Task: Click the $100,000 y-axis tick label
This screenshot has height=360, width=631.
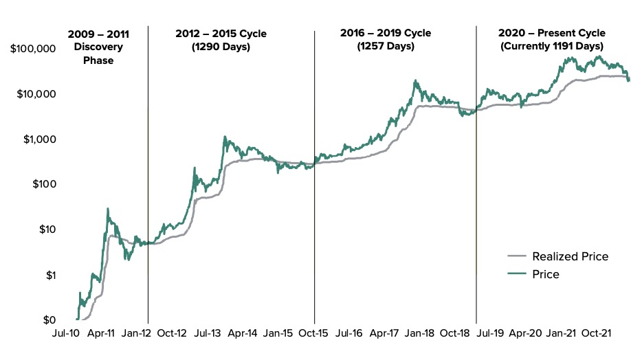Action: point(34,49)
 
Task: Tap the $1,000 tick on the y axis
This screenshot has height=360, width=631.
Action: point(38,139)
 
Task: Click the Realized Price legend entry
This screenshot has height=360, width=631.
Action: point(570,257)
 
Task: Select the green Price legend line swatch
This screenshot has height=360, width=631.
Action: point(518,275)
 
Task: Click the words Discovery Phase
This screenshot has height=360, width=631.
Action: point(98,54)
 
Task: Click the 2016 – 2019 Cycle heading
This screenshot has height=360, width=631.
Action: point(386,33)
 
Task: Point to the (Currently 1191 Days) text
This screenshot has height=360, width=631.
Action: point(553,47)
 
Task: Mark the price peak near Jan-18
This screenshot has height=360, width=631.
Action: point(415,80)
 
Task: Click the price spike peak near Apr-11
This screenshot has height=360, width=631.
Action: point(108,208)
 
